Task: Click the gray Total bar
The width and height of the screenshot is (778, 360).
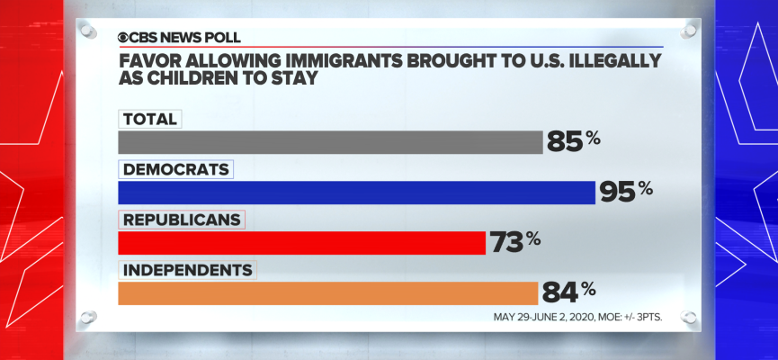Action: click(330, 142)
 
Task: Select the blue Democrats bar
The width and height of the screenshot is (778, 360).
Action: click(356, 193)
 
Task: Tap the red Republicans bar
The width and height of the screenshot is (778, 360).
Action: click(301, 243)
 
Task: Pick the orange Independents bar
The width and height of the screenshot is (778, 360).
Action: click(327, 293)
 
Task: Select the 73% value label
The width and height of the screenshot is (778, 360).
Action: click(515, 241)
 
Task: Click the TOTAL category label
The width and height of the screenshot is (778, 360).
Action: click(150, 119)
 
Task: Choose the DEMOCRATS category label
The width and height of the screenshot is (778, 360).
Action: click(176, 169)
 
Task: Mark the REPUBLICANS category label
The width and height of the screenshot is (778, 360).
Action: click(182, 220)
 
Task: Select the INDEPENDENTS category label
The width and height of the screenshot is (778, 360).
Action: click(187, 269)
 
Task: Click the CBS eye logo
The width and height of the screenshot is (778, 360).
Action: click(124, 38)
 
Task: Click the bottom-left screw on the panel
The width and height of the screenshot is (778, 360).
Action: click(87, 317)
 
